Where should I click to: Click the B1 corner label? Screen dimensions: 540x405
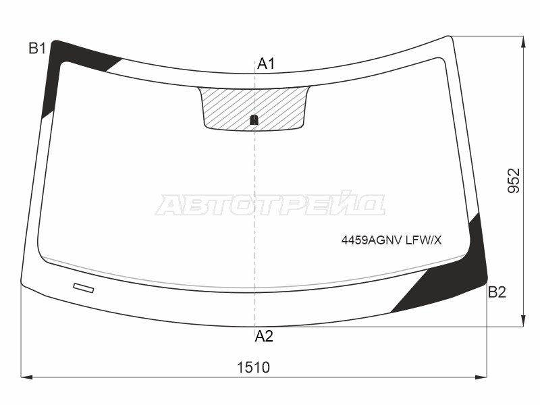click(x=37, y=49)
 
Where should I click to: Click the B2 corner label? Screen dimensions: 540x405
click(x=497, y=292)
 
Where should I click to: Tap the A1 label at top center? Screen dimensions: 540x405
click(x=266, y=64)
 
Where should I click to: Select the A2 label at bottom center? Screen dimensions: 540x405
click(x=264, y=336)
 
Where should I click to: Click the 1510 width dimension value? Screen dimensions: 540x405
click(x=254, y=368)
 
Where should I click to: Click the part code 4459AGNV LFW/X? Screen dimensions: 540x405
click(x=391, y=240)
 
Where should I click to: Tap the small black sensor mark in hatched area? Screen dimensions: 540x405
click(x=254, y=120)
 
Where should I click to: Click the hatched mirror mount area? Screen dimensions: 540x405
click(x=254, y=109)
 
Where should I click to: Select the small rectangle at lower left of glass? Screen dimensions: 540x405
click(x=83, y=288)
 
